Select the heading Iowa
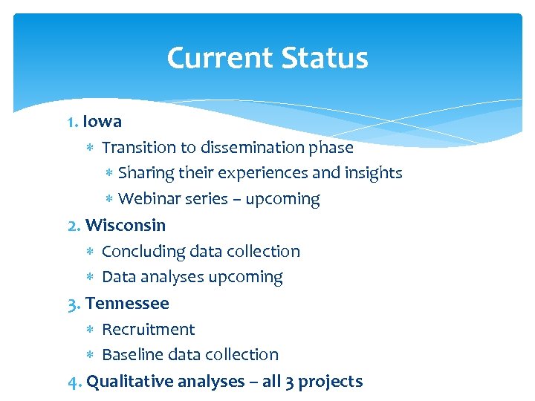click(x=103, y=121)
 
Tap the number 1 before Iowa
click(x=71, y=121)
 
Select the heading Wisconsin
click(x=126, y=225)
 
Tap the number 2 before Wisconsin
click(x=73, y=225)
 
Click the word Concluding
click(x=143, y=252)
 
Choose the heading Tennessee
click(x=127, y=303)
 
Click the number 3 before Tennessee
click(x=73, y=303)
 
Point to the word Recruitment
click(x=148, y=329)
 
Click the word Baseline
click(x=131, y=355)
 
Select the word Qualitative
click(x=126, y=382)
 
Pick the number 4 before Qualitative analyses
click(x=73, y=382)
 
